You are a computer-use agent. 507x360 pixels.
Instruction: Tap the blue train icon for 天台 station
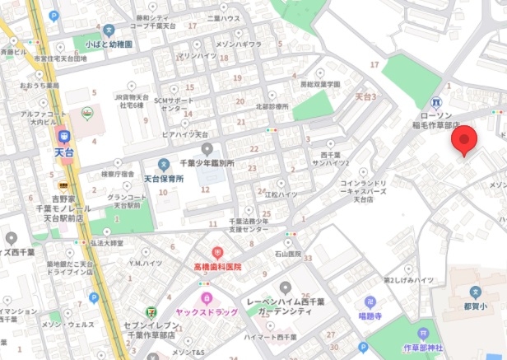[x=63, y=136]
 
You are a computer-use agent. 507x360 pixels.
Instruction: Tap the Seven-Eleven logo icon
[x=149, y=312]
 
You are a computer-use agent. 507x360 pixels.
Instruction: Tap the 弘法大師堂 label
[x=106, y=244]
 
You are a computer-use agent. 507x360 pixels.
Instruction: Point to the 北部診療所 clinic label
[x=272, y=106]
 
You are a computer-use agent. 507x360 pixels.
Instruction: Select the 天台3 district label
[x=365, y=96]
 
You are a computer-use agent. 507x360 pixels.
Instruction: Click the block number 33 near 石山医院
[x=308, y=259]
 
